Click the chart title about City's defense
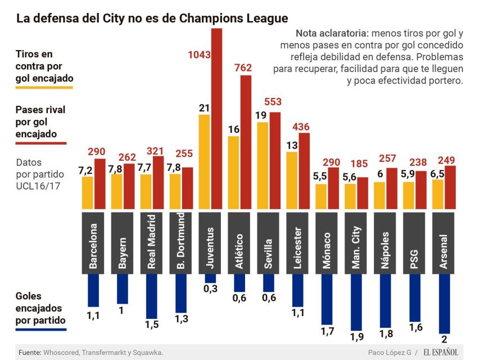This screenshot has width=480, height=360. click(152, 18)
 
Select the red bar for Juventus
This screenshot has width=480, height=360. click(216, 118)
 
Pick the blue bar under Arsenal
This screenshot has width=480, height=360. click(445, 304)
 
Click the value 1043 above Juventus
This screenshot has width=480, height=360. click(199, 55)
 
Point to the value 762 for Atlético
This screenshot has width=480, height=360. click(243, 68)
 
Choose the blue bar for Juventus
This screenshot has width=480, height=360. click(210, 278)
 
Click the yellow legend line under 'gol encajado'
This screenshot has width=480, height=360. click(44, 87)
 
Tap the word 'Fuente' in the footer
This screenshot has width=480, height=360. click(29, 352)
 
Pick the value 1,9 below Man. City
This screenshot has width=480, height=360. click(357, 337)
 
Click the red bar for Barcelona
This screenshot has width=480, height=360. click(99, 183)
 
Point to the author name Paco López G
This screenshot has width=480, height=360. click(387, 352)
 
